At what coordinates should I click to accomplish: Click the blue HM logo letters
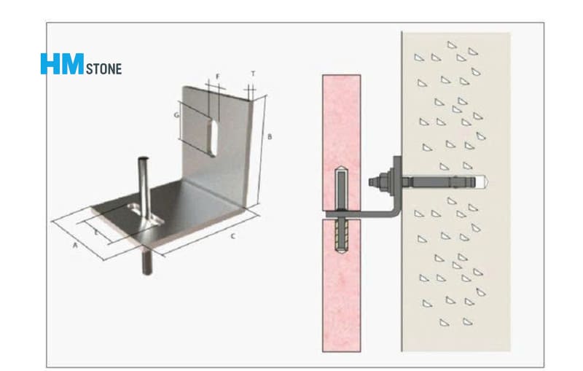click(62, 63)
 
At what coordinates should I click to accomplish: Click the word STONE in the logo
click(103, 69)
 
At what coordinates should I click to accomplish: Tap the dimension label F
click(218, 77)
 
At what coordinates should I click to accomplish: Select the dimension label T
click(253, 74)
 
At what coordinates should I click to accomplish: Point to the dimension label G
click(176, 115)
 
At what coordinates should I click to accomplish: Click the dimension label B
click(270, 136)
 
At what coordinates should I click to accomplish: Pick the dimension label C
click(233, 236)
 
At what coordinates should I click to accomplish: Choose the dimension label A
click(75, 246)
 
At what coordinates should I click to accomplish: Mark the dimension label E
click(96, 233)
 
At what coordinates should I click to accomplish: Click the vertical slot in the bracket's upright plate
click(213, 138)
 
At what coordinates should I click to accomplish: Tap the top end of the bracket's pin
click(143, 159)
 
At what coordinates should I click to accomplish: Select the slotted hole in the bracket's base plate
click(144, 214)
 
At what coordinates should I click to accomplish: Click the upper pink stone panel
click(341, 144)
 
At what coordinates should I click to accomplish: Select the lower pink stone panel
click(341, 285)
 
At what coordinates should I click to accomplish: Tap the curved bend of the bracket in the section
click(396, 213)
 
